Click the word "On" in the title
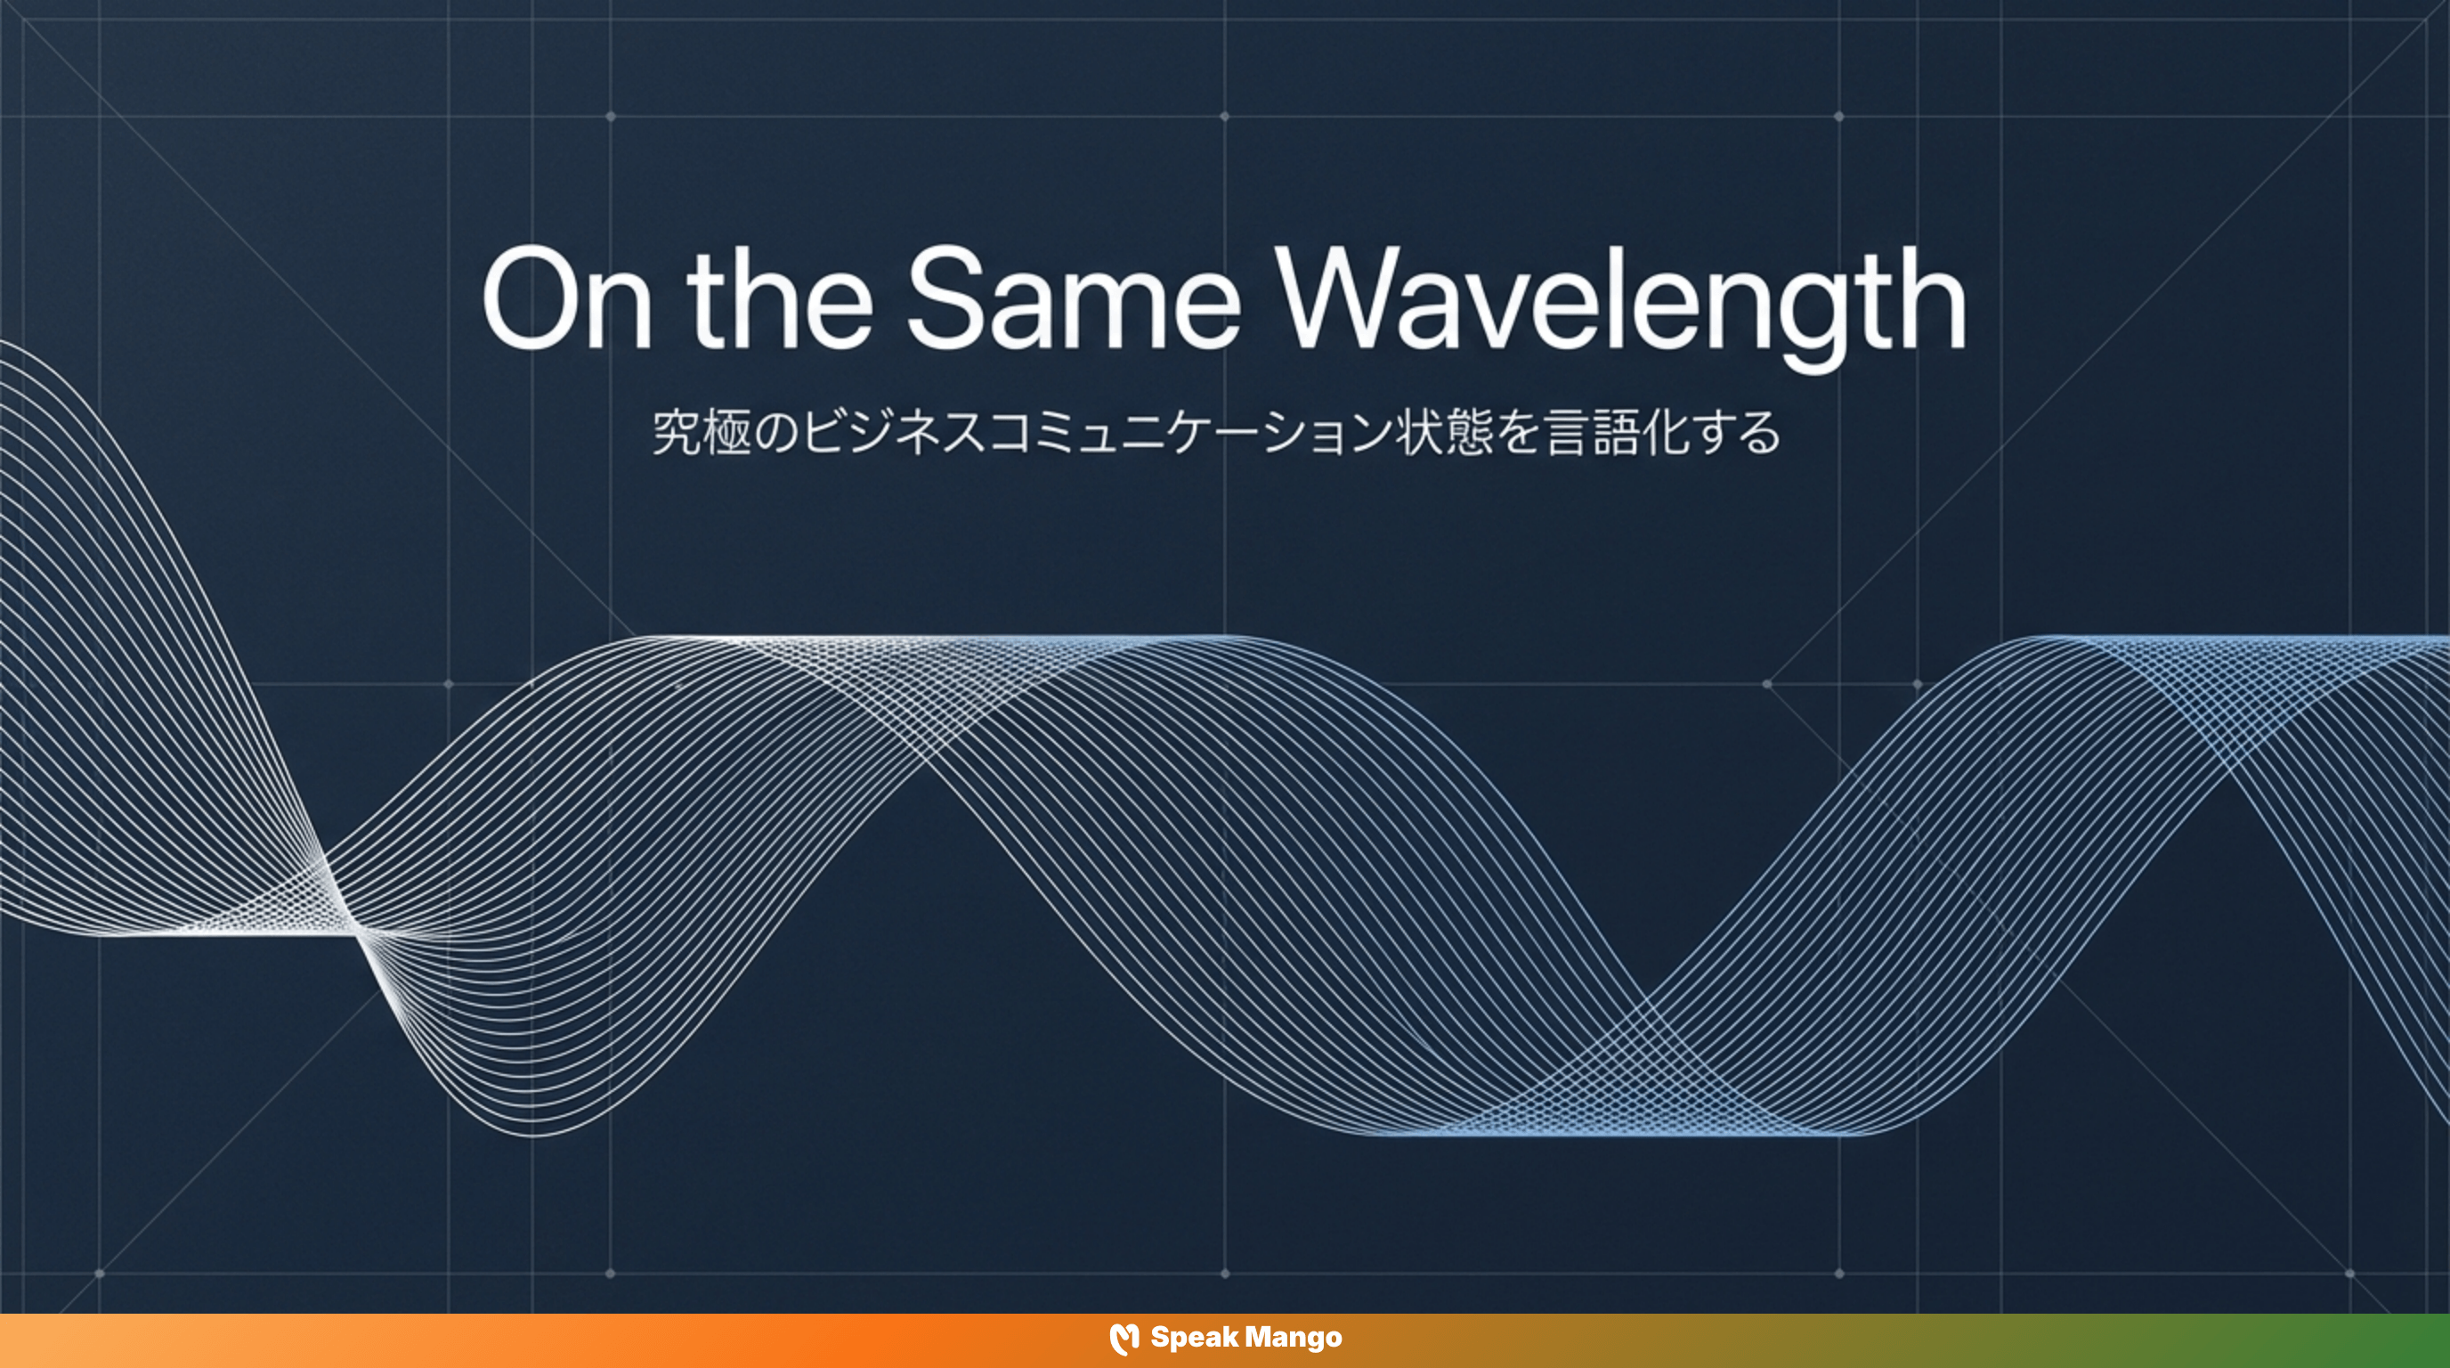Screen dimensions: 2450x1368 pos(567,298)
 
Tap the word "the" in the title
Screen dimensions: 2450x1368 pos(779,297)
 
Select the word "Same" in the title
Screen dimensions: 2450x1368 pos(1072,297)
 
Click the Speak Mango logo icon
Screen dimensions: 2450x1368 pos(1124,1339)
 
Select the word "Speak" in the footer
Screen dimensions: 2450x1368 pos(1194,1339)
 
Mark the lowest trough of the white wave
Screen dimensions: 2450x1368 pos(532,1134)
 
